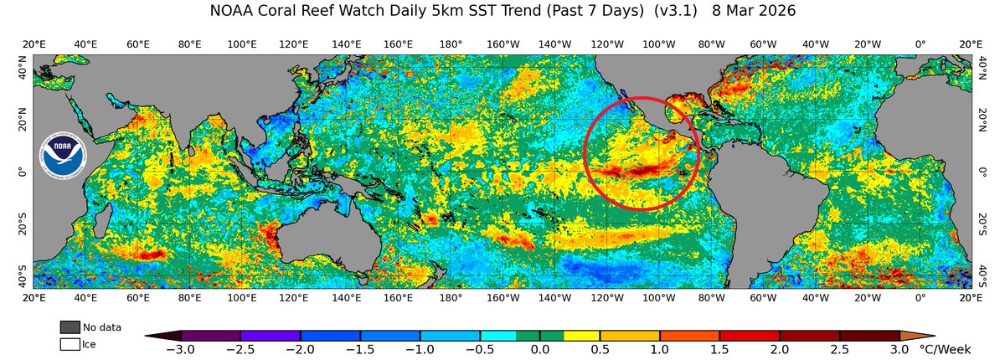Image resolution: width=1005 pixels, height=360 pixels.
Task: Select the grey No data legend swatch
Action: (x=70, y=327)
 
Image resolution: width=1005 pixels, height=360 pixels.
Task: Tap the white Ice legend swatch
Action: (x=70, y=343)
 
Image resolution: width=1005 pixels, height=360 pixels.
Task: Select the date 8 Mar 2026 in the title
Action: (x=748, y=12)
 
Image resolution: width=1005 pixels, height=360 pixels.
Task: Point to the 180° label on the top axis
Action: (x=451, y=44)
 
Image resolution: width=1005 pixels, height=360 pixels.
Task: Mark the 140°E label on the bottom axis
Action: (x=346, y=297)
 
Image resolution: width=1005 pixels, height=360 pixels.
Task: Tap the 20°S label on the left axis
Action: (x=24, y=224)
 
